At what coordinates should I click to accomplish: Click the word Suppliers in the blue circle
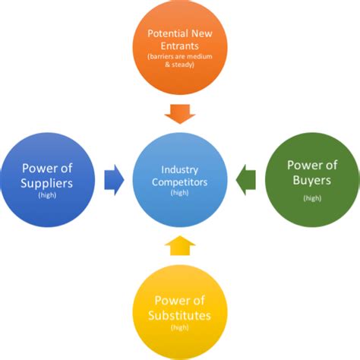[47, 184]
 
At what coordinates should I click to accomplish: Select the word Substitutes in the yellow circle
[179, 315]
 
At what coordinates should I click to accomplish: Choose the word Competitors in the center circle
[180, 182]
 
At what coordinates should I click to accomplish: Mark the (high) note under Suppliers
[47, 196]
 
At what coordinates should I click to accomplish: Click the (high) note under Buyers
[311, 198]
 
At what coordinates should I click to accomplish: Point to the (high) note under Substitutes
[179, 328]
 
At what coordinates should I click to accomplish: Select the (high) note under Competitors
[180, 194]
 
